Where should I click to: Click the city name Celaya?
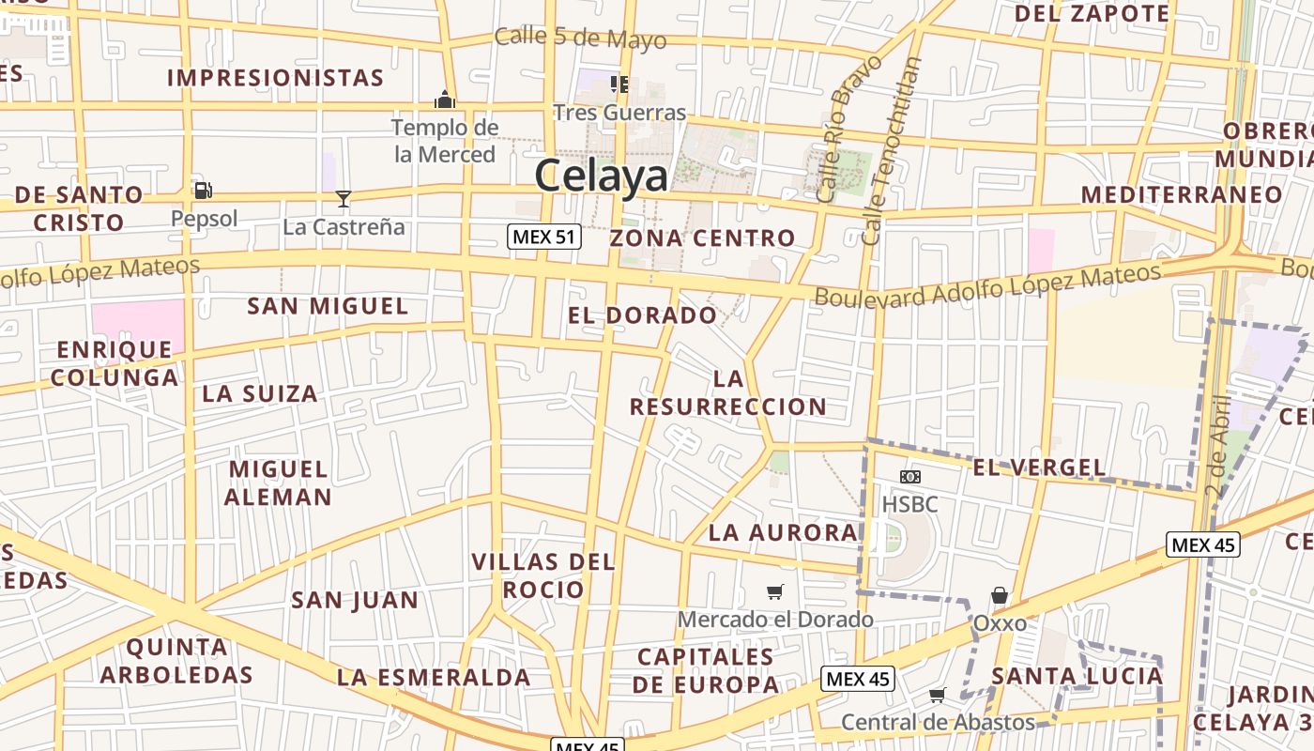602,176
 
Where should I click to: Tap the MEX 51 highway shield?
544,237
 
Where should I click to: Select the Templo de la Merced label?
445,141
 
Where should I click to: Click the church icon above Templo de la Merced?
445,98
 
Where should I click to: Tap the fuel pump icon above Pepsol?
203,191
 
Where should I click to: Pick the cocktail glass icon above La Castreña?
344,198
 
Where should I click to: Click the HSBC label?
909,504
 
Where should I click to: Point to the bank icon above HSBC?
909,477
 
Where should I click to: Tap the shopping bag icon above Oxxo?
1000,595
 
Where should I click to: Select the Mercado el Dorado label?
775,620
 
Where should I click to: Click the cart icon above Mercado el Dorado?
774,591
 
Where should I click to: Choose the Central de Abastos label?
938,722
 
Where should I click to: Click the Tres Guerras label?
619,113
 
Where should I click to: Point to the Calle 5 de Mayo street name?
580,38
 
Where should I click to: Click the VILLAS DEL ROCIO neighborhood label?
543,575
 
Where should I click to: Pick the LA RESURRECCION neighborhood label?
728,392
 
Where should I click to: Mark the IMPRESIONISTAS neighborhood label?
276,77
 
